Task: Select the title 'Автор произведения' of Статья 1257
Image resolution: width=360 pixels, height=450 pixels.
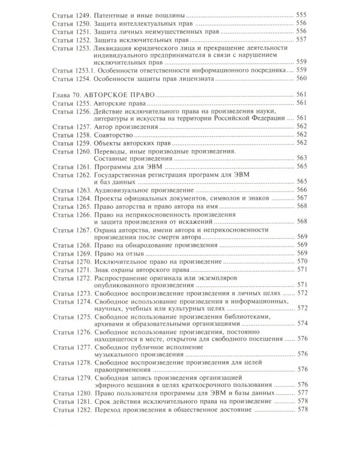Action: coord(125,126)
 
